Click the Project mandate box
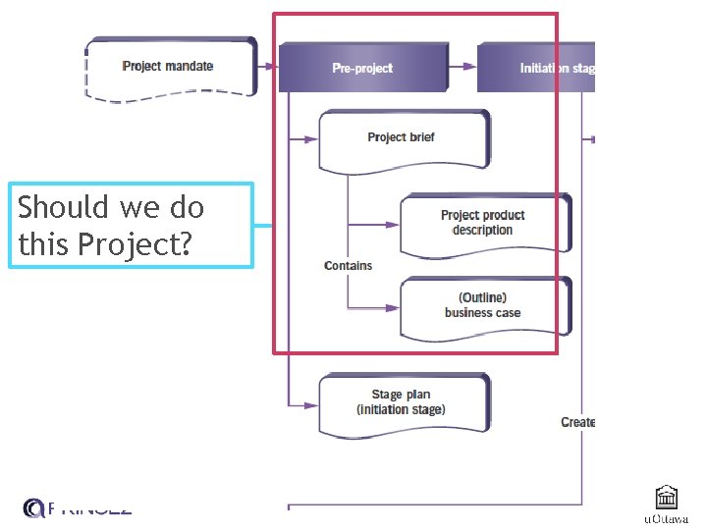pyautogui.click(x=170, y=67)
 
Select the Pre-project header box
pyautogui.click(x=361, y=68)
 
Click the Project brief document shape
pyautogui.click(x=403, y=138)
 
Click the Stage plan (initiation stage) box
pyautogui.click(x=403, y=401)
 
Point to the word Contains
pyautogui.click(x=348, y=266)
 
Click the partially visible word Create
pyautogui.click(x=577, y=422)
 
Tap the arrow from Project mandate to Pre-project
pyautogui.click(x=267, y=67)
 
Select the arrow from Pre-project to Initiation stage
pyautogui.click(x=461, y=67)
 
